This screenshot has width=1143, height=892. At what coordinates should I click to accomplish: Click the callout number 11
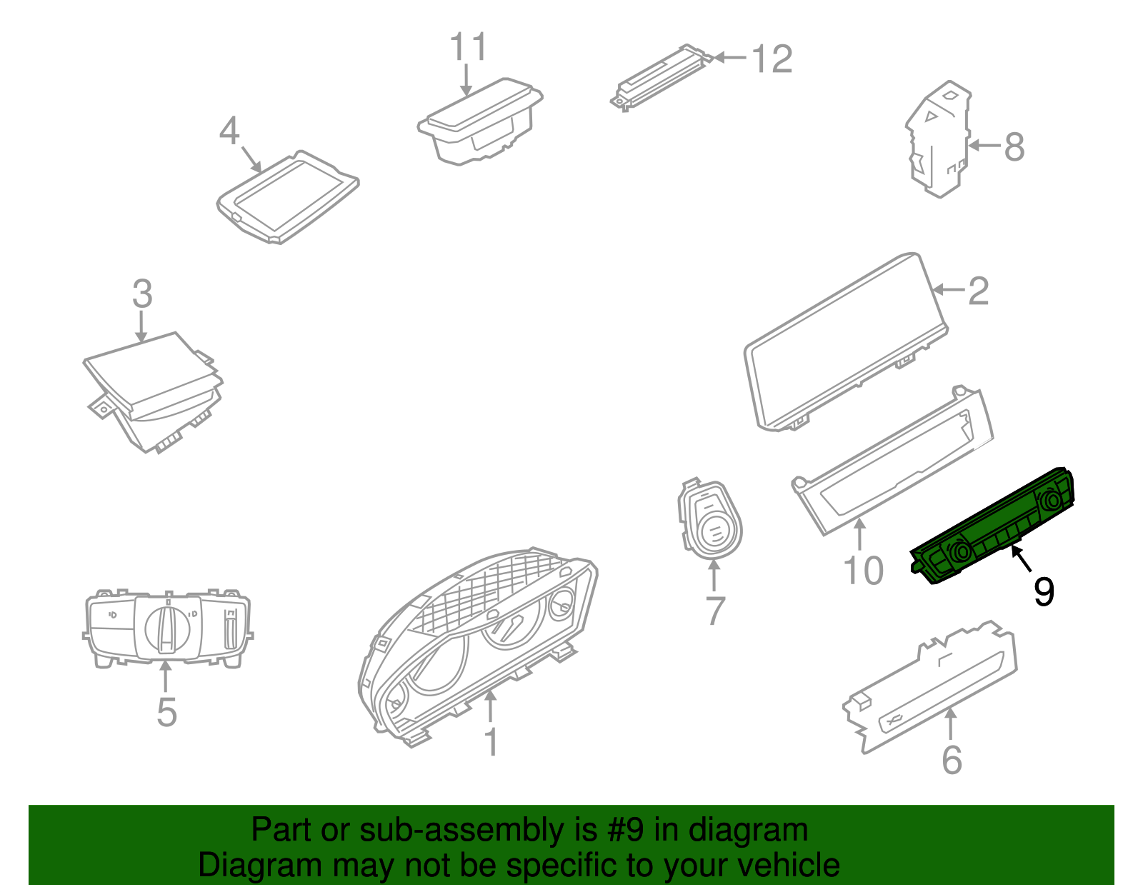469,48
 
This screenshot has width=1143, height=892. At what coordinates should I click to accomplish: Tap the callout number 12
772,59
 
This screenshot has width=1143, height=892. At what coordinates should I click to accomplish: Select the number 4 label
229,131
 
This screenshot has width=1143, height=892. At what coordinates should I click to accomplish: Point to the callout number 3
142,294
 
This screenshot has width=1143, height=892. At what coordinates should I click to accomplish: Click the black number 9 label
1044,592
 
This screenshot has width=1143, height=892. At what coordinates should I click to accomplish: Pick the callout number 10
863,571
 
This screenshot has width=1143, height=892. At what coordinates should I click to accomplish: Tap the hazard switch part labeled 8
937,139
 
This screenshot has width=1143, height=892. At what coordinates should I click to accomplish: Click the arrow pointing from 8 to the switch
984,146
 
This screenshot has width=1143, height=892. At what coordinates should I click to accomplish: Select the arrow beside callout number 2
948,289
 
